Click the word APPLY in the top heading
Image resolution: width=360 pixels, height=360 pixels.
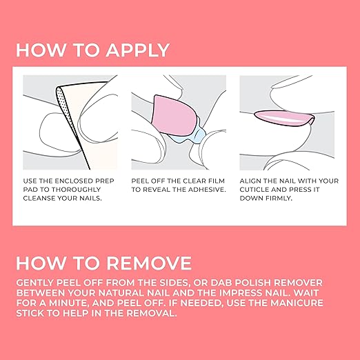137,50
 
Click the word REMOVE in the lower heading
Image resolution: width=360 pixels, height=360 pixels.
149,263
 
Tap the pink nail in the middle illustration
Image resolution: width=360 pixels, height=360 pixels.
174,115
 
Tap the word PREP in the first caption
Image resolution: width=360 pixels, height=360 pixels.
105,181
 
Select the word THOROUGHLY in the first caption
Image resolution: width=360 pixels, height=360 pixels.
77,190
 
